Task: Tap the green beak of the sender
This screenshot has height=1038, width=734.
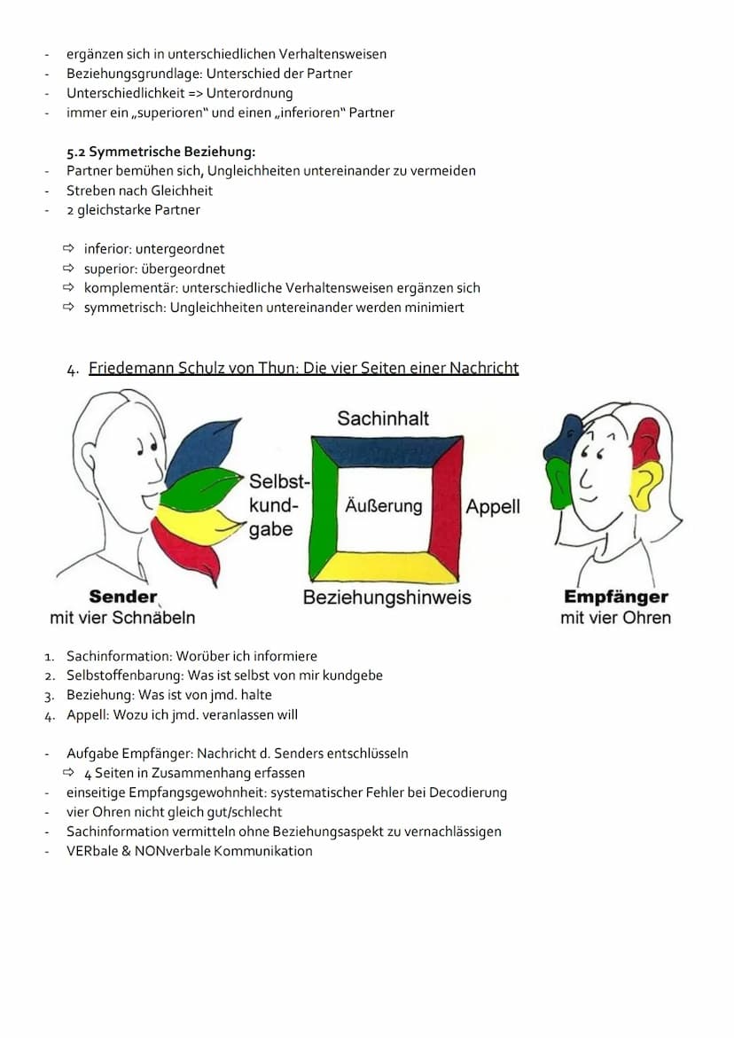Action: (199, 488)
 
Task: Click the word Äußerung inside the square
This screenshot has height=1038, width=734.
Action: (383, 506)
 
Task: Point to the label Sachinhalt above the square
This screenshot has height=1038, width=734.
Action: (383, 418)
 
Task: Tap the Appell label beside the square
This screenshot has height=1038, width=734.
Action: (492, 507)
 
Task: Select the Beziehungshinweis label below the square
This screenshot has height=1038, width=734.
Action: (387, 597)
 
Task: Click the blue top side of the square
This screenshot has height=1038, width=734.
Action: (387, 449)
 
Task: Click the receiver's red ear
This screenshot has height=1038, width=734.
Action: (646, 441)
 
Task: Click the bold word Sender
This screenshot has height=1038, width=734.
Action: (123, 597)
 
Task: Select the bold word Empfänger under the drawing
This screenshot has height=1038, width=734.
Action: (615, 597)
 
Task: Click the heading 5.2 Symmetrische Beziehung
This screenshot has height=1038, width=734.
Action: (160, 152)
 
